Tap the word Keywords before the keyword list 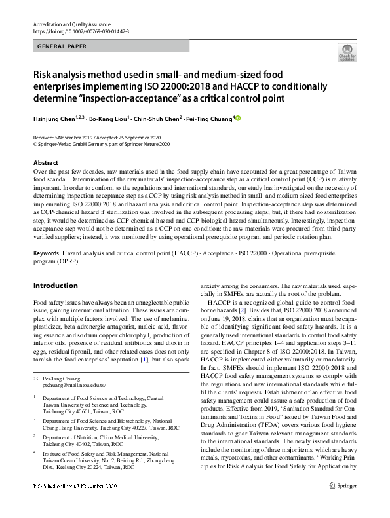[47, 253]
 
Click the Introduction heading [55, 286]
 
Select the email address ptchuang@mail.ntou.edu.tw [77, 387]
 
